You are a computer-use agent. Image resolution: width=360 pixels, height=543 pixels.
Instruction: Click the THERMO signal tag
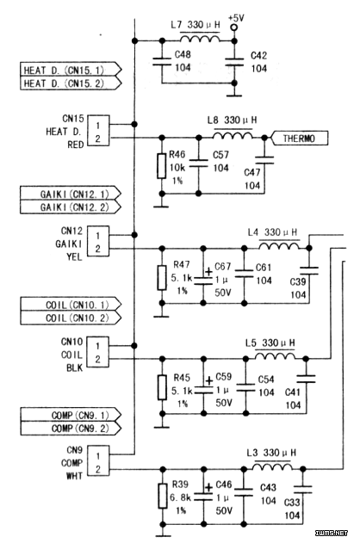click(x=299, y=139)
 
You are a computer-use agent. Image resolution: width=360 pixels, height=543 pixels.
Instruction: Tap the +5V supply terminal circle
click(x=234, y=27)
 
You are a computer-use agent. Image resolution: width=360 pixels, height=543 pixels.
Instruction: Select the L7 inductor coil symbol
click(x=200, y=38)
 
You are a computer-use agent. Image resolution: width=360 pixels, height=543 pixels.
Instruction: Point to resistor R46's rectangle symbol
click(x=161, y=166)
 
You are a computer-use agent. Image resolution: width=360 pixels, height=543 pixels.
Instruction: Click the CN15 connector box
click(x=98, y=131)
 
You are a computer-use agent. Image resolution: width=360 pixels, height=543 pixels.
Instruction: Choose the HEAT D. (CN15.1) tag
click(x=71, y=70)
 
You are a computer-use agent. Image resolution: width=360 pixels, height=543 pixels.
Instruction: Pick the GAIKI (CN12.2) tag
click(x=71, y=207)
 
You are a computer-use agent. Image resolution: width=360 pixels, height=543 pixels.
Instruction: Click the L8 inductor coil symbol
click(x=233, y=135)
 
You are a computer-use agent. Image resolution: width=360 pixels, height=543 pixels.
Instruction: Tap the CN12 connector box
click(x=97, y=241)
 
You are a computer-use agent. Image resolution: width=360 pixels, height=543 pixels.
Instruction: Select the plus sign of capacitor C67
click(x=208, y=272)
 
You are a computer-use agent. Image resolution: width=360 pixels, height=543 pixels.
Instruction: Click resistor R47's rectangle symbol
click(x=162, y=277)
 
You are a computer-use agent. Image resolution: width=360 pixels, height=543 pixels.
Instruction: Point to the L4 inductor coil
click(x=279, y=245)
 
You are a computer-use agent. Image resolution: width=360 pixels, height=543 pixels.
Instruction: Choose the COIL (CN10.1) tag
click(x=71, y=305)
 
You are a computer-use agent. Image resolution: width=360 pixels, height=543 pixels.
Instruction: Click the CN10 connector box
click(x=97, y=352)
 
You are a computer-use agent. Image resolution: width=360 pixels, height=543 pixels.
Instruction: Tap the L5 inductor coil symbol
click(x=275, y=356)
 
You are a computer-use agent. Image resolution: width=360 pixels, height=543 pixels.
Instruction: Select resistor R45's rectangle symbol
click(x=162, y=387)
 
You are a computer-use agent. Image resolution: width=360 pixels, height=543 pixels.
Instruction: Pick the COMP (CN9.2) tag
click(x=71, y=429)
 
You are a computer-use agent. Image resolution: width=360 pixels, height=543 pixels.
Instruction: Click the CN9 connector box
click(x=98, y=461)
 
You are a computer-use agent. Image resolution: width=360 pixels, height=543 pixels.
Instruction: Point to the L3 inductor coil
click(x=272, y=466)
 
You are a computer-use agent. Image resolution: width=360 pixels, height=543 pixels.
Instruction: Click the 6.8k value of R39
click(x=180, y=497)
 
